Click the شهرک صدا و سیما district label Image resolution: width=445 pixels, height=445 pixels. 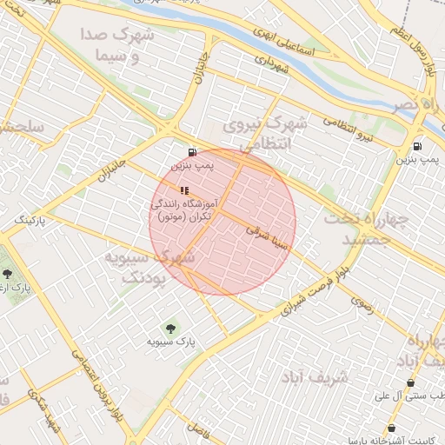tap(117, 46)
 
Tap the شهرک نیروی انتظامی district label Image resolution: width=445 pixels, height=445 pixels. tap(265, 136)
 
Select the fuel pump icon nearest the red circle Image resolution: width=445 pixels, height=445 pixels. tap(192, 152)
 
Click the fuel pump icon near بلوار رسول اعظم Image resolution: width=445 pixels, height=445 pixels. tap(418, 147)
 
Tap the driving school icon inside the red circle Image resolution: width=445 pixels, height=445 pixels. tap(183, 189)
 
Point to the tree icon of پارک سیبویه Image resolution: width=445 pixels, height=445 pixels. tap(169, 328)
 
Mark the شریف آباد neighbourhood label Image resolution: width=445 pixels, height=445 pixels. tap(315, 377)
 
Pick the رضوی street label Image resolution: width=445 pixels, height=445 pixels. tap(361, 301)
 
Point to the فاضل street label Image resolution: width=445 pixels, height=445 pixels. tap(199, 428)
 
